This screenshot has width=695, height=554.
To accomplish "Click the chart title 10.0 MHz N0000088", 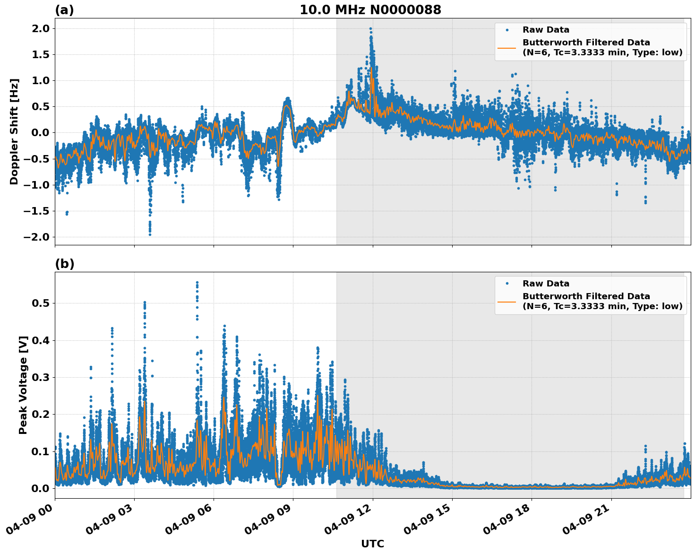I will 370,10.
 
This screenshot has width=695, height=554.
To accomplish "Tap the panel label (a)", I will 64,10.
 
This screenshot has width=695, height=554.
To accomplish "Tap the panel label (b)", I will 64,264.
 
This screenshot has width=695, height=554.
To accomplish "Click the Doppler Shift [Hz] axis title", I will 14,131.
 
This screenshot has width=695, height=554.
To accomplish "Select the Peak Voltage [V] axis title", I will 23,385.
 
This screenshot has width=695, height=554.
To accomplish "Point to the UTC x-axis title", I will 372,544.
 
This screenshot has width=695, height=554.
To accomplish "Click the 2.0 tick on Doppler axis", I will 39,28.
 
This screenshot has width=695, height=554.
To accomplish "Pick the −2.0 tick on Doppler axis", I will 36,237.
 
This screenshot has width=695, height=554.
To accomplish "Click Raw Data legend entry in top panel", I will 546,30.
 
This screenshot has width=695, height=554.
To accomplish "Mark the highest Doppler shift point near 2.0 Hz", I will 370,29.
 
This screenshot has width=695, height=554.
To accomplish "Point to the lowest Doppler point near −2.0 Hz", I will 150,234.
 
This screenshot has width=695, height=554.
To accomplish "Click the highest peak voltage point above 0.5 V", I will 197,283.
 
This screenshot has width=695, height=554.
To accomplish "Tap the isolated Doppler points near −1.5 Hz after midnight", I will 67,213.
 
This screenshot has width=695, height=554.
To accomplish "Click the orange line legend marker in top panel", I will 506,47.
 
